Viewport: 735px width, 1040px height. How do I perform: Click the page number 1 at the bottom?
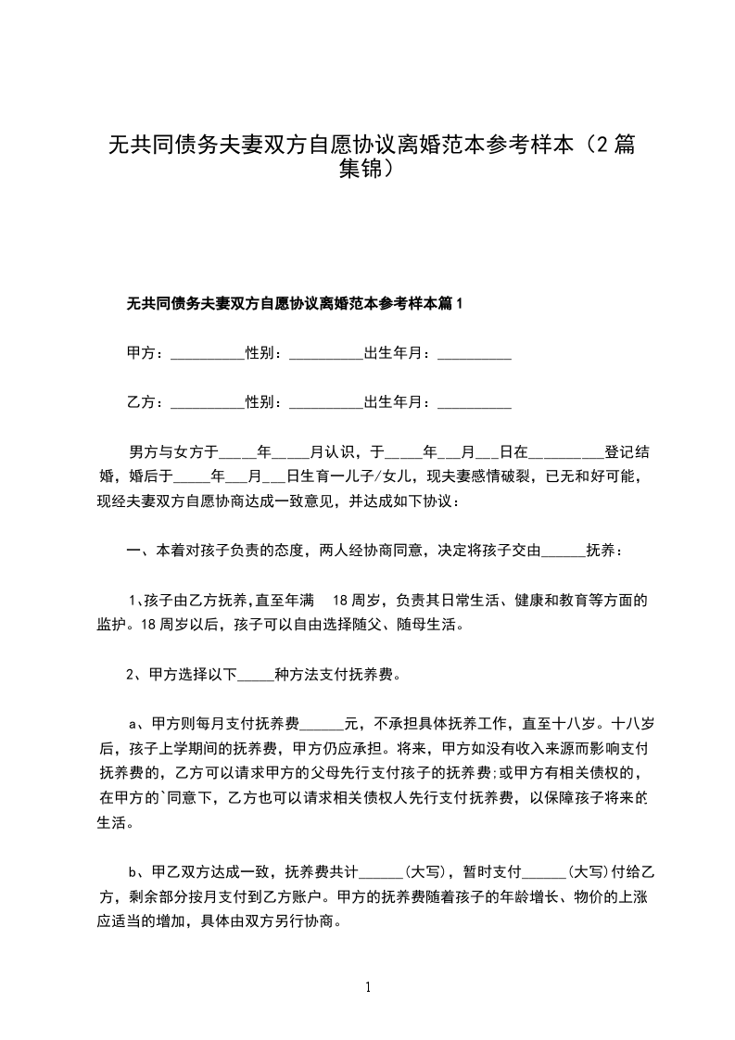coord(369,986)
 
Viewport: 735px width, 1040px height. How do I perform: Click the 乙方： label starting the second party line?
coord(145,402)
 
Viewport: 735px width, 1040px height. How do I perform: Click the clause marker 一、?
coord(136,551)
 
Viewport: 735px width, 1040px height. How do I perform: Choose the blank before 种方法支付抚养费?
coord(257,674)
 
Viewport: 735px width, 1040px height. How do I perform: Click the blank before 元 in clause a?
coord(323,723)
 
